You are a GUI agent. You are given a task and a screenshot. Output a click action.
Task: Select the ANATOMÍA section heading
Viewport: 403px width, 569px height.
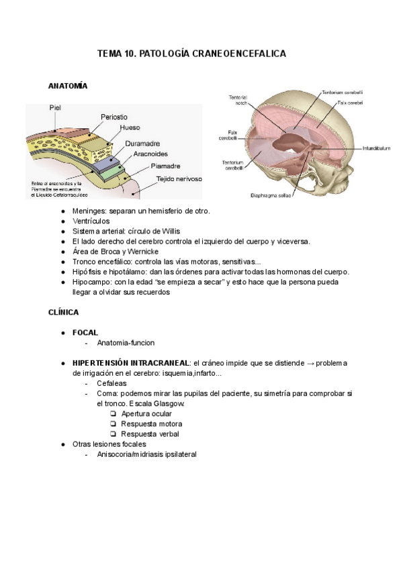coord(69,86)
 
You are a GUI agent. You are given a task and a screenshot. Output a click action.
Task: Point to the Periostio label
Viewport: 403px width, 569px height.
coord(114,117)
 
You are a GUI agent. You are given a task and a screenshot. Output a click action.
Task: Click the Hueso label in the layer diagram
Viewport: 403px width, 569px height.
coord(130,127)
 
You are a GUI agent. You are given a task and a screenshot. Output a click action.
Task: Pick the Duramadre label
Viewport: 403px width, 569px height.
coord(142,143)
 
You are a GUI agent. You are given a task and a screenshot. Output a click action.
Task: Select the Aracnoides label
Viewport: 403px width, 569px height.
coord(151,154)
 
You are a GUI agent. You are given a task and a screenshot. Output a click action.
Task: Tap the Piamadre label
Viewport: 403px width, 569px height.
coord(165,166)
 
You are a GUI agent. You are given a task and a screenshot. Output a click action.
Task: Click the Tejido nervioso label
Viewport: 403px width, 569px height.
coord(179,178)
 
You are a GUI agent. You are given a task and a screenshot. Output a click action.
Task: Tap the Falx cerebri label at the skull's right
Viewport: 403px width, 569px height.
coord(350,103)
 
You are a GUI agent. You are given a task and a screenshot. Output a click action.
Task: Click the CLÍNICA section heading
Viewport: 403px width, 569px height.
coord(64,312)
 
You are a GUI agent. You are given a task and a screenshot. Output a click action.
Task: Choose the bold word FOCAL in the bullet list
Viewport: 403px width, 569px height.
coord(85,332)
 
